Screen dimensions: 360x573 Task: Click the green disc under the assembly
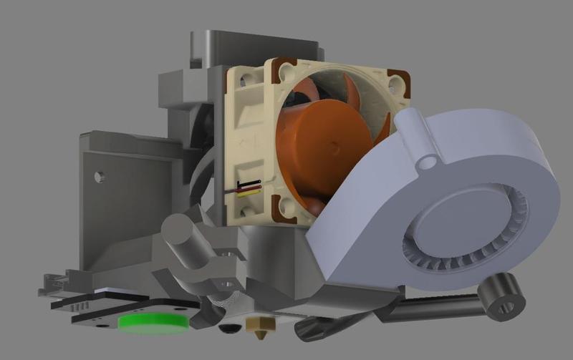pyautogui.click(x=153, y=321)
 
